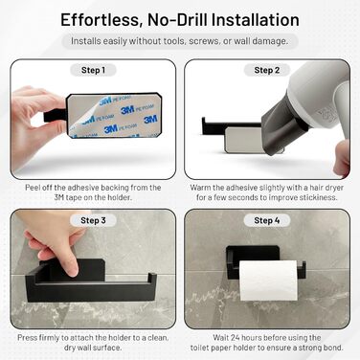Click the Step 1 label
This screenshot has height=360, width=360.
[93, 70]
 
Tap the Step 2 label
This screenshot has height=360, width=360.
[267, 70]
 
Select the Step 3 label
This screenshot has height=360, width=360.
[93, 220]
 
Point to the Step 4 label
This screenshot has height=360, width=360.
[267, 220]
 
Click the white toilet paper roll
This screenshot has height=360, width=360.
[268, 281]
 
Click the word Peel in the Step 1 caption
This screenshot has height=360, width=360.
[33, 188]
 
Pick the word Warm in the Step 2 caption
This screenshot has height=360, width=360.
[201, 188]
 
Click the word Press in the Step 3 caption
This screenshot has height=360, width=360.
[27, 338]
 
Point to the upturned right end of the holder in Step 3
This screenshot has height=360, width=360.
[152, 280]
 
